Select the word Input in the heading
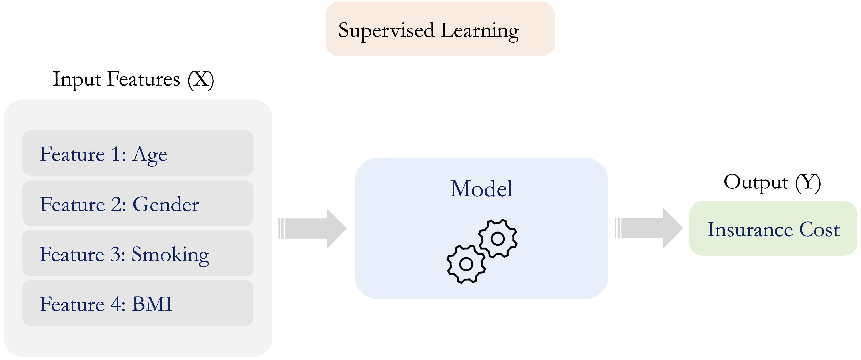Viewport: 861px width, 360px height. [77, 80]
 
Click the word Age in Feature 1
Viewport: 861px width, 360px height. [150, 155]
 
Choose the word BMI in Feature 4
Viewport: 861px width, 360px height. [152, 304]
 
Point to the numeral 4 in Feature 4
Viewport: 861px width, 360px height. [115, 304]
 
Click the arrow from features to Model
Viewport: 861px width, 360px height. [313, 229]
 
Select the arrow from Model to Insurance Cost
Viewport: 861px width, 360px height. [649, 228]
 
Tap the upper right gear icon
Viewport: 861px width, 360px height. [498, 238]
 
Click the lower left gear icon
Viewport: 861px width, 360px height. [466, 264]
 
